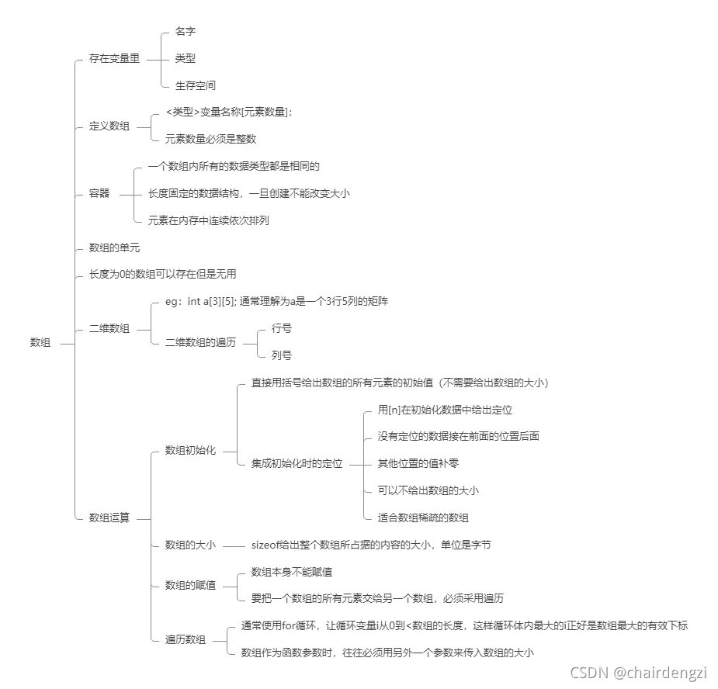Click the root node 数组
pos(40,342)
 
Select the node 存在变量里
pos(114,58)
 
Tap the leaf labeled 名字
pos(185,31)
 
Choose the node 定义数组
pos(109,126)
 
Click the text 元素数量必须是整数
pos(210,140)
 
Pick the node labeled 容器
pos(99,193)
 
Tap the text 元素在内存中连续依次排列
pos(208,220)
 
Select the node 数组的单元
pos(114,248)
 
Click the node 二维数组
pos(109,329)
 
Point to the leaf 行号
pos(281,328)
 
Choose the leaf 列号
pos(281,355)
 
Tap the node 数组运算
pos(109,518)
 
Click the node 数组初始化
pos(190,450)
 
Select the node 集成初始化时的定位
pos(297,464)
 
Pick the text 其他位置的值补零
pos(418,463)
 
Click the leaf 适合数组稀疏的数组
pos(423,518)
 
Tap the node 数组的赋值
pos(190,585)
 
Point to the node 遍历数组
pos(186,639)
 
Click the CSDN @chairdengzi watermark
pos(637,672)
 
